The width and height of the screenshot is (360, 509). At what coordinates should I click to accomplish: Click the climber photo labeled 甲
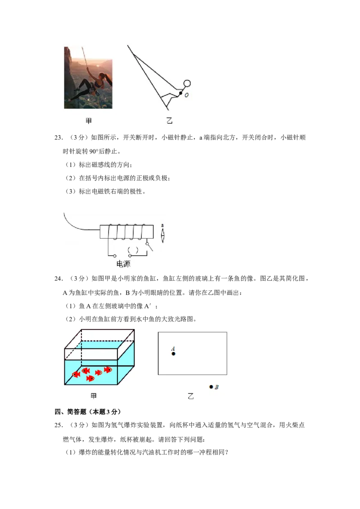88,78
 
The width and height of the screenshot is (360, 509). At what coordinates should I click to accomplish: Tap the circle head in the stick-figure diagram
187,84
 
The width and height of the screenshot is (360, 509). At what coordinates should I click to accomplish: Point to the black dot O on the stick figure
180,93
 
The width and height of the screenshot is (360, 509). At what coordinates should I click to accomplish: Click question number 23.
58,138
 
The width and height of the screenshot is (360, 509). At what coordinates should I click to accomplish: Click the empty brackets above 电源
133,250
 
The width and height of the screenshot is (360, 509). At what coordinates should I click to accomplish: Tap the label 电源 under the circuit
123,263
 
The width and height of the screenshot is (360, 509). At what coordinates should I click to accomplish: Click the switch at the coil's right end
149,246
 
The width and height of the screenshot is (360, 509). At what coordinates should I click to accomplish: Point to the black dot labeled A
174,353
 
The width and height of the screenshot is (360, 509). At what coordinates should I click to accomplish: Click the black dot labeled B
211,387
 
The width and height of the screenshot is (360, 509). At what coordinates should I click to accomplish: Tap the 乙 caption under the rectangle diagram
191,396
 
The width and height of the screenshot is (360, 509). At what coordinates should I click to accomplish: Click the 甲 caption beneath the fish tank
94,396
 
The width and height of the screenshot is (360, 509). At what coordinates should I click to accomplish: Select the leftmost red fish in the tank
76,374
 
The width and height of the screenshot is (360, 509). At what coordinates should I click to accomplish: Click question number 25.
58,425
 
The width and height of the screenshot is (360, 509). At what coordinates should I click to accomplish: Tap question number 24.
58,278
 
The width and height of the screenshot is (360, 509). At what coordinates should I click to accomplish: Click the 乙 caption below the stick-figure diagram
169,121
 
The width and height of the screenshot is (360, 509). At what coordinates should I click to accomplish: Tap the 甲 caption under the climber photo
89,121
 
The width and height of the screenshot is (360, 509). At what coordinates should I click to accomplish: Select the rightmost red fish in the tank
108,370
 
